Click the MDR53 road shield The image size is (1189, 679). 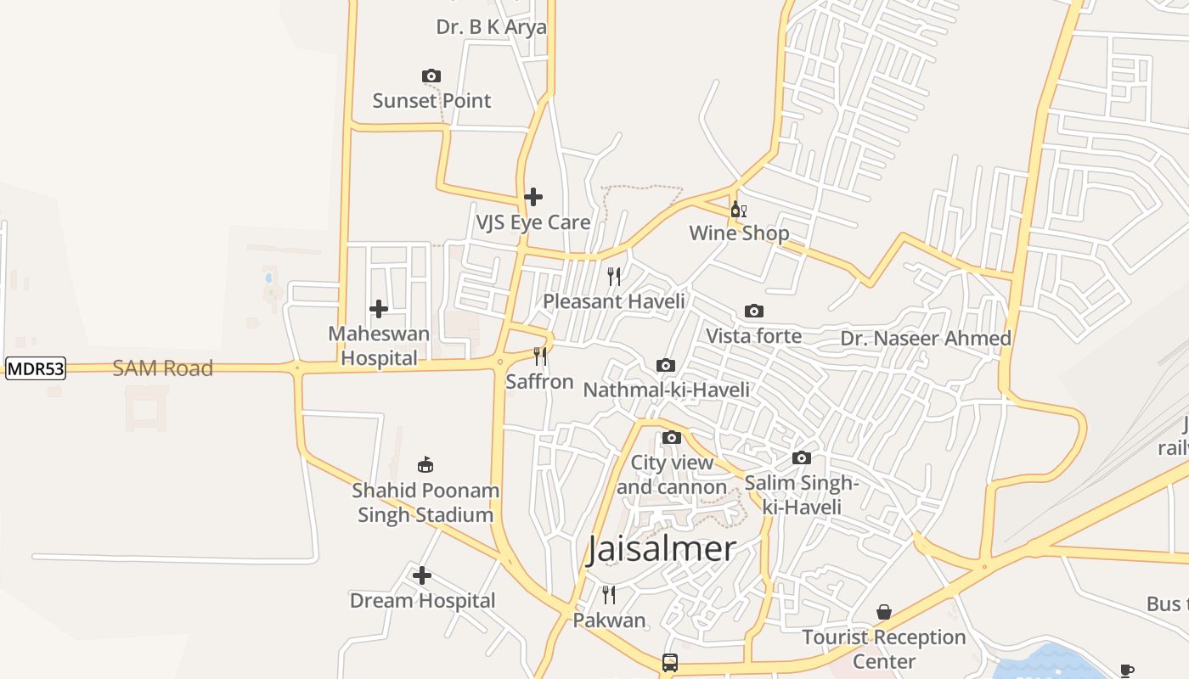point(36,369)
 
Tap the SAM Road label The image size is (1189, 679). point(163,368)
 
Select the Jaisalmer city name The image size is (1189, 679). point(662,549)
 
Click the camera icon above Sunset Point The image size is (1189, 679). point(431,76)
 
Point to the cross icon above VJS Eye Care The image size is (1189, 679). point(533,197)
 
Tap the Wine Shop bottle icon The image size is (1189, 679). point(738,210)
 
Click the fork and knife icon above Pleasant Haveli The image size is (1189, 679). point(614,276)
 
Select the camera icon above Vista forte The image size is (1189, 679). point(753,311)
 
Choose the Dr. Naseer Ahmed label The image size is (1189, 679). point(926,339)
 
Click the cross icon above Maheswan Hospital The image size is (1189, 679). point(379,309)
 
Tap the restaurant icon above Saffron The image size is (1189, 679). point(539,356)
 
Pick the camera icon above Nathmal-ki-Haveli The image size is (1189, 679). point(666,366)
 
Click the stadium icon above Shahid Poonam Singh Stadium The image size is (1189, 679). point(425,465)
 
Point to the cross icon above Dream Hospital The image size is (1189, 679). point(422,575)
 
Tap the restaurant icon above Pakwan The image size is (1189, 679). point(609,594)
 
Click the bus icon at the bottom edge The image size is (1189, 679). point(670,662)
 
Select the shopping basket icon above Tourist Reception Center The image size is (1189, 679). point(884,612)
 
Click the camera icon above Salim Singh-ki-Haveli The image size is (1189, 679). point(801,458)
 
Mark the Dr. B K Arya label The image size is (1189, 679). point(491,27)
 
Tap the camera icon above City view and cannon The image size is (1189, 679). point(672,438)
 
